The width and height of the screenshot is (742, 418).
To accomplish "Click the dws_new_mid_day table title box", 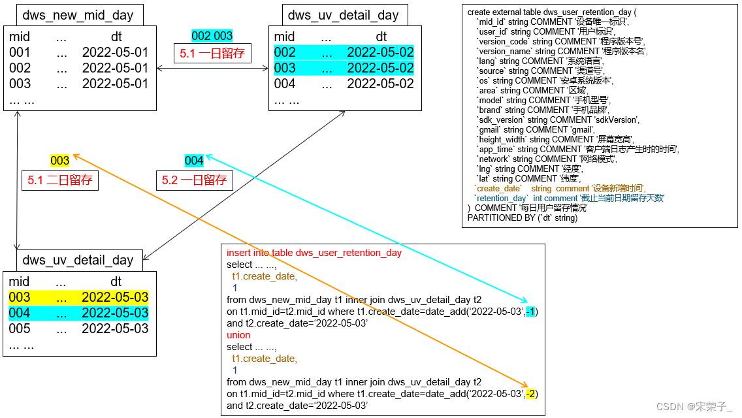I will [78, 15].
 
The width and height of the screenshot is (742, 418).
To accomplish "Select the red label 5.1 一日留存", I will [212, 53].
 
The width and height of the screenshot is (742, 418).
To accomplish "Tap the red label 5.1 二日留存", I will [60, 180].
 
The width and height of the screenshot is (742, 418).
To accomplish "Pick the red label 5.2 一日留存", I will [194, 180].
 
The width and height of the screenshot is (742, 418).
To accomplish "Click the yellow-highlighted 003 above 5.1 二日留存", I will [60, 161].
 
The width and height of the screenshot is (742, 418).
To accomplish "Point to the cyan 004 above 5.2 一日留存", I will [194, 161].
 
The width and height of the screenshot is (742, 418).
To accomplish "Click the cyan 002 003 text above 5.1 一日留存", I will [212, 36].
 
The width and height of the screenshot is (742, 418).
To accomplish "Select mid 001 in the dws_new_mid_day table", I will [20, 52].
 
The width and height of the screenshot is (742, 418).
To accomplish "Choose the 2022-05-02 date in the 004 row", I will [380, 84].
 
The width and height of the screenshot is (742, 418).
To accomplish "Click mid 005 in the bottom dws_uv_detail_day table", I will [20, 329].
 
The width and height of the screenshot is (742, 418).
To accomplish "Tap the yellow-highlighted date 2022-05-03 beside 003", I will [115, 298].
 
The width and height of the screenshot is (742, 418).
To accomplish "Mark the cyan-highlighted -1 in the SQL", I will [532, 312].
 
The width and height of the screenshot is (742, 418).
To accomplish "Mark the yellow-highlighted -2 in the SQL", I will [532, 394].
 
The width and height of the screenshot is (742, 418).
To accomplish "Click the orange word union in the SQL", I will [238, 335].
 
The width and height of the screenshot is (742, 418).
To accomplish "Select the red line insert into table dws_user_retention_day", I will [314, 253].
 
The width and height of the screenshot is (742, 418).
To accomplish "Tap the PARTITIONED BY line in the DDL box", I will [523, 217].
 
